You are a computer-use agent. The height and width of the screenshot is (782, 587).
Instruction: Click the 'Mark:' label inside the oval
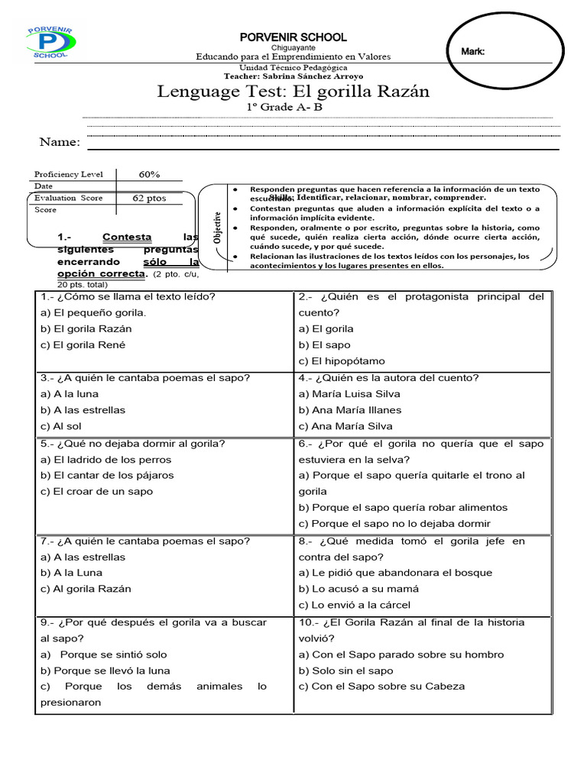coord(473,51)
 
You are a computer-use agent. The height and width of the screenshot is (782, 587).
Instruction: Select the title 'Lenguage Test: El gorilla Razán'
coord(293,92)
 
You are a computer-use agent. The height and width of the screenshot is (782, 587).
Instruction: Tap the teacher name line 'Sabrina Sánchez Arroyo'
coord(293,76)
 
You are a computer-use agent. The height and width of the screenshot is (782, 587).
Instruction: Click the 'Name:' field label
coord(60,142)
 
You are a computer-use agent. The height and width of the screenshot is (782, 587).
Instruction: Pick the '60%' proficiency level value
coord(149,174)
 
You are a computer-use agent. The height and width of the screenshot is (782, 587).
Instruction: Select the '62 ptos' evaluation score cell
coord(149,198)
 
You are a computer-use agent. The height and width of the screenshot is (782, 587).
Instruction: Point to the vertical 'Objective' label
coord(217,227)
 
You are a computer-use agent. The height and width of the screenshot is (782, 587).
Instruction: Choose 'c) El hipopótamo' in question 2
coord(342,361)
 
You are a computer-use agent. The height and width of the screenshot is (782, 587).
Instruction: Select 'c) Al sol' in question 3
coord(62,426)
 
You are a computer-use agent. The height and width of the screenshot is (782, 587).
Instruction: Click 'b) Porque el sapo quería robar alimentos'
coord(403,507)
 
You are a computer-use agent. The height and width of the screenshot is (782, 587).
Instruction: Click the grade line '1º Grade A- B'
coord(284,107)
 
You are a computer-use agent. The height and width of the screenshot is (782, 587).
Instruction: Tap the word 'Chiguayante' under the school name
coord(293,47)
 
